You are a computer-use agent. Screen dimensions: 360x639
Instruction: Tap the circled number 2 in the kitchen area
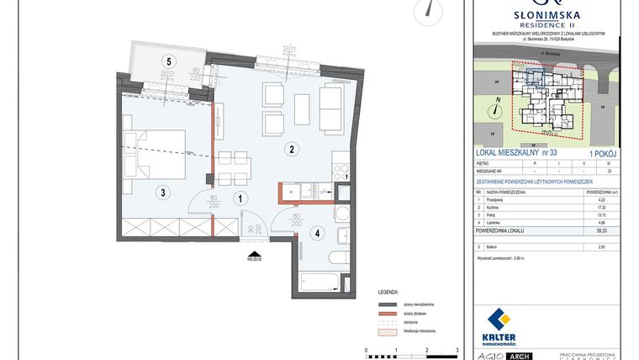coord(291,150)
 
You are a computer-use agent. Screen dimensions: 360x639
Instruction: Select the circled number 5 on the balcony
coord(169,61)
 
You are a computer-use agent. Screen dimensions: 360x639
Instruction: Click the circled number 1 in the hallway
coord(240,199)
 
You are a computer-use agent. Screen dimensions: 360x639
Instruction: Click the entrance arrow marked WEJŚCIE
coord(253,251)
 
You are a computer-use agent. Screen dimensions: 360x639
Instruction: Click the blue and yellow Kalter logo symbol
coord(500,321)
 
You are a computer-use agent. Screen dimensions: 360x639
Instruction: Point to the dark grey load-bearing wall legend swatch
coord(387,304)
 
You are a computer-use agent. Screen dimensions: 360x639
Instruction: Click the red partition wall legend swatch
coord(387,313)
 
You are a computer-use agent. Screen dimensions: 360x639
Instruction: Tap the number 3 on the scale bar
coord(457,348)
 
